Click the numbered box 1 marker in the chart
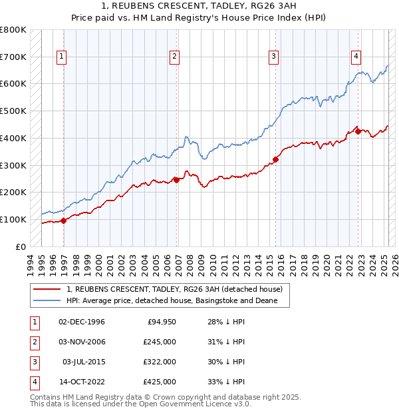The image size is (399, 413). click(61, 57)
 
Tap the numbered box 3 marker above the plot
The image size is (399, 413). click(273, 57)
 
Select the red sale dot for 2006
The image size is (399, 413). click(176, 179)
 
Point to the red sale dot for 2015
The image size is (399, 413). click(275, 159)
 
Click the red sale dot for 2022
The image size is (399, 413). click(358, 131)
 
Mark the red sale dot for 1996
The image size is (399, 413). click(64, 220)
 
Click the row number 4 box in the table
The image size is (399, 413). click(33, 382)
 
